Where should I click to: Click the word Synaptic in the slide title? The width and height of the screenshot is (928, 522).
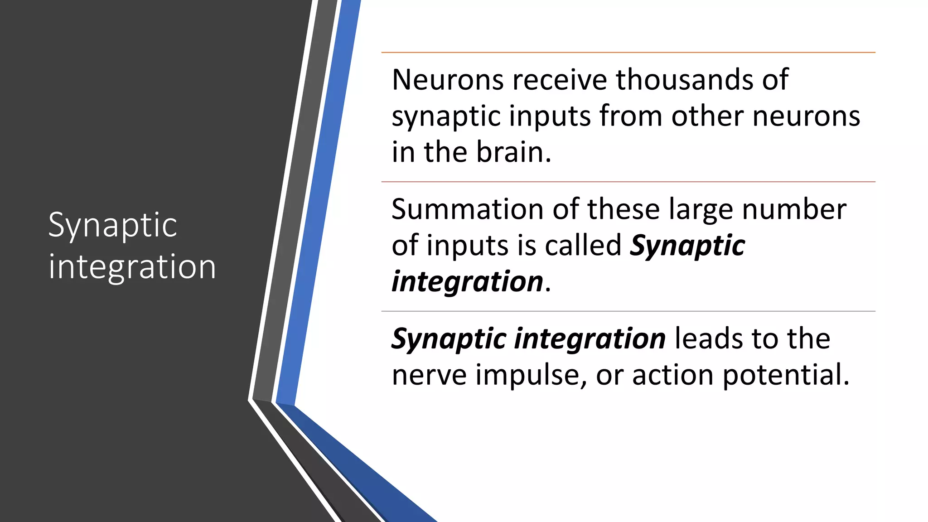pos(112,225)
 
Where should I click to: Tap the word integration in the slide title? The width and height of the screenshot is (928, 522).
pos(132,266)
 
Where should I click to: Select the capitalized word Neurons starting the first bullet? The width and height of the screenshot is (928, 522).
pos(448,80)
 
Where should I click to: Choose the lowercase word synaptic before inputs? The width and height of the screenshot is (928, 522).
pos(446,117)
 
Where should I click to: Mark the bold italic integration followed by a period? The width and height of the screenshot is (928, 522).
pos(467,281)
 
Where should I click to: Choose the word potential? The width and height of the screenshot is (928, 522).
pos(786,375)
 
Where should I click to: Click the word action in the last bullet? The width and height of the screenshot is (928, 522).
pos(672,375)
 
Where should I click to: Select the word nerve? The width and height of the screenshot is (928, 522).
pos(429,375)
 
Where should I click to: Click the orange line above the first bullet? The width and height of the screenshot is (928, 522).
pos(628,53)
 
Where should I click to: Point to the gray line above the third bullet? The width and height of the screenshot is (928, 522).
pos(628,311)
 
